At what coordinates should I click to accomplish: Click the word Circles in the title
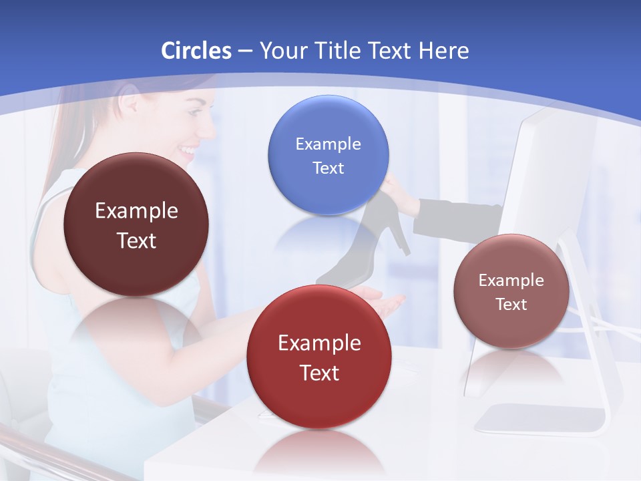coord(196,51)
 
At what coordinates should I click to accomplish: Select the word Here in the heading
coord(444,51)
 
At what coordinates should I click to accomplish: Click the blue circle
coord(328,155)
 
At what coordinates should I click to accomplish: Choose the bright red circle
coord(319,357)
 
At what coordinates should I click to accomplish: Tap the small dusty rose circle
coord(511,291)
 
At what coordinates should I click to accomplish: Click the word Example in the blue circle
coord(328,144)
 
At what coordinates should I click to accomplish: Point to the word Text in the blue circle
coord(328,168)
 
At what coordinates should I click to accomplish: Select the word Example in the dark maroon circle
coord(136,211)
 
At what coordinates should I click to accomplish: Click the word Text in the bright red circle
coord(319,373)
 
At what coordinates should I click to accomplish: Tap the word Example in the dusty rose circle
coord(511,280)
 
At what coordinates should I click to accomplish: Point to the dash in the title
coord(245,51)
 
